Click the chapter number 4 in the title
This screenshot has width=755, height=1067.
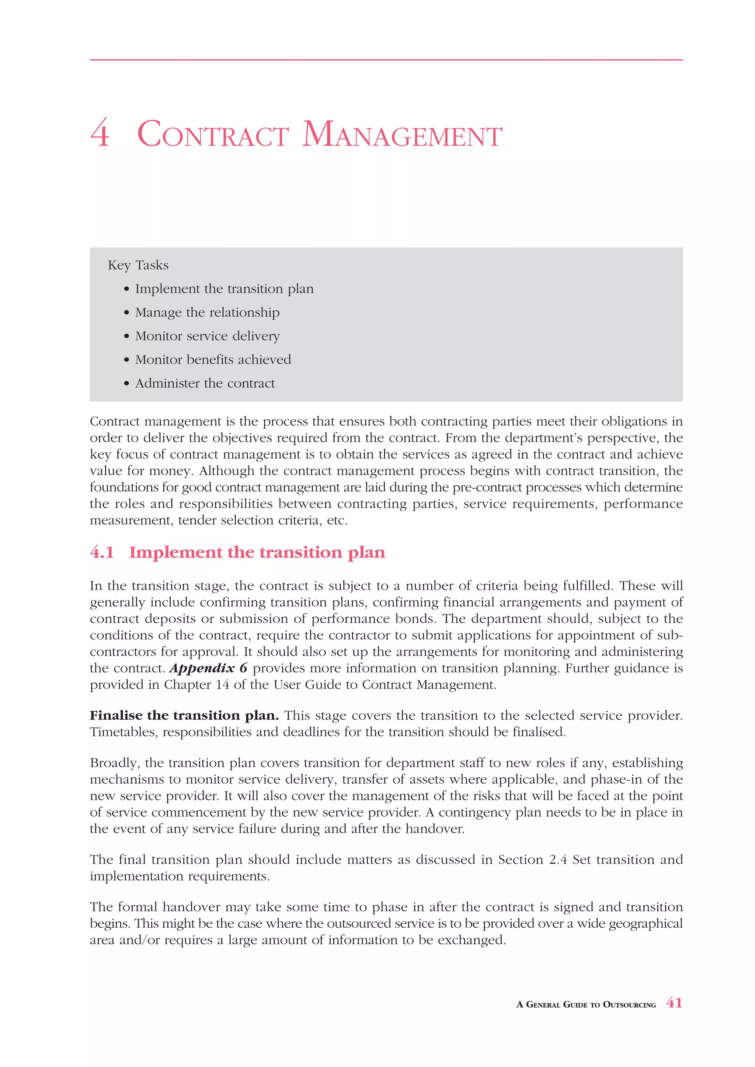[x=100, y=134]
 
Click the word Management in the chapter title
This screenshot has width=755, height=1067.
[x=402, y=135]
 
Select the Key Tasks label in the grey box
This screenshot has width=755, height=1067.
[x=138, y=265]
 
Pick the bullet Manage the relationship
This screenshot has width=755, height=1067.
[x=207, y=312]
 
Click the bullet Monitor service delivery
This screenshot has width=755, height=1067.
[x=207, y=336]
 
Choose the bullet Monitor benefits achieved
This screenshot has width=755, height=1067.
[x=213, y=359]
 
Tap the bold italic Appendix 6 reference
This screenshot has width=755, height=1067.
[x=208, y=668]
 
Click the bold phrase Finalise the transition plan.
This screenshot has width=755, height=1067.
[x=184, y=715]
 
